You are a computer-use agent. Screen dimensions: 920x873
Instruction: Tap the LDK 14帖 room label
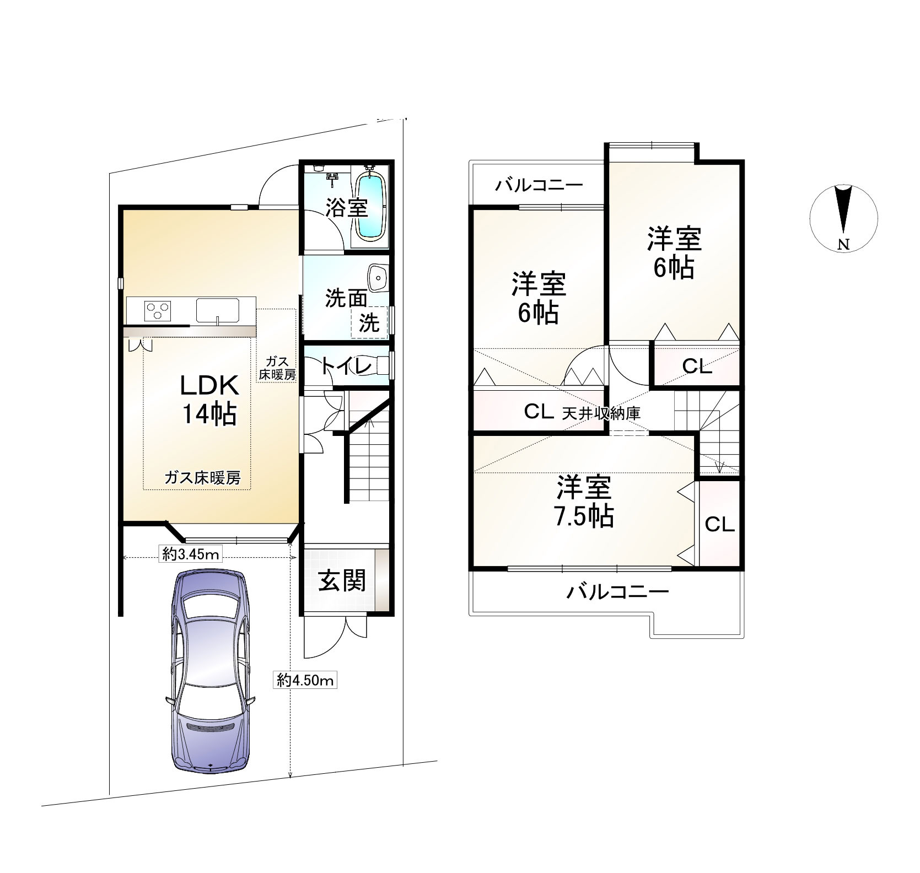click(209, 400)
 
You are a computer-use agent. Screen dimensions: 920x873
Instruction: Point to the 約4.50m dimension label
click(305, 681)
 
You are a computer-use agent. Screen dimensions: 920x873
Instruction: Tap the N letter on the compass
click(843, 245)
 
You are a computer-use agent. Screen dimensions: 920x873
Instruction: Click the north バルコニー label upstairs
click(538, 185)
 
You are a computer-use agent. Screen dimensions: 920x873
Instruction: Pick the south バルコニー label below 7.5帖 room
click(618, 592)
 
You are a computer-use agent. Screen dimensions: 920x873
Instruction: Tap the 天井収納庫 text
click(601, 413)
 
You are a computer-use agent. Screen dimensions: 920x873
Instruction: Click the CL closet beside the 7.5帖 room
click(719, 524)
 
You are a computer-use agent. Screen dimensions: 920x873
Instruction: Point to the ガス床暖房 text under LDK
click(203, 478)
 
